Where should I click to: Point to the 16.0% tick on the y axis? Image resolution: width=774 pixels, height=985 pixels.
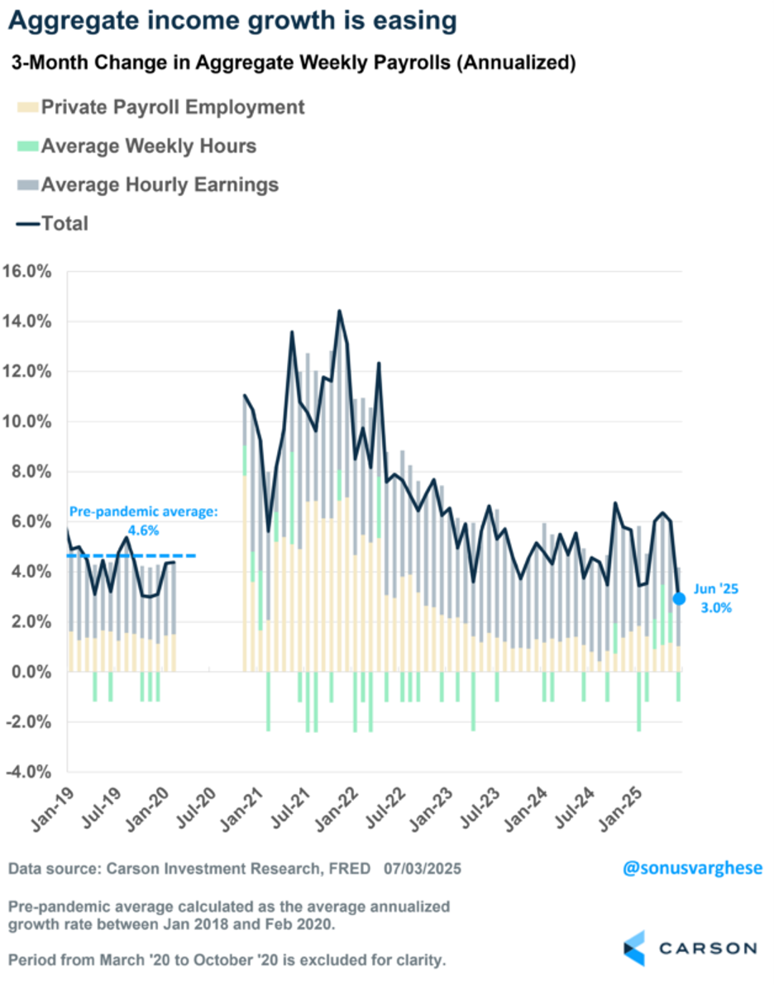coord(30,272)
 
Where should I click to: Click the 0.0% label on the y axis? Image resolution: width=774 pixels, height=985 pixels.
coord(33,672)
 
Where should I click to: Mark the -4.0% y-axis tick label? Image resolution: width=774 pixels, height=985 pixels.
coord(30,772)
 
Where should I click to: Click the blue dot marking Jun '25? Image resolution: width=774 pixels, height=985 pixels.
coord(679,598)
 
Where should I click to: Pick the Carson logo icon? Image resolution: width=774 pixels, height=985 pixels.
coord(634,947)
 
